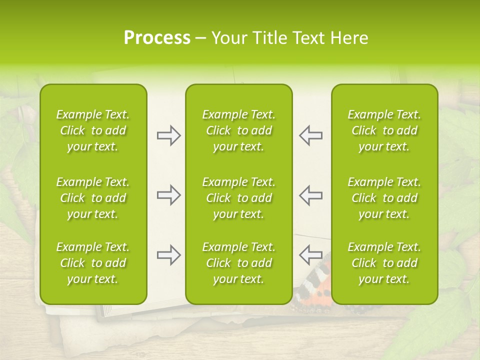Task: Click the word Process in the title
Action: point(157,38)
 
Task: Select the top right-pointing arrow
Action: point(168,135)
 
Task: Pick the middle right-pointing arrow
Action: point(168,195)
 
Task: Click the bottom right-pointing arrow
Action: point(168,255)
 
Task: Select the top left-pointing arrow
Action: point(311,135)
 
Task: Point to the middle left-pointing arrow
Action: point(311,195)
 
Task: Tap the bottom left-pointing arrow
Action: point(311,255)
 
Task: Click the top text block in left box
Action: point(93,130)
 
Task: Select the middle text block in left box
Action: point(93,198)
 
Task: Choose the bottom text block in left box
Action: point(93,263)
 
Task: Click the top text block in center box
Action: point(239,130)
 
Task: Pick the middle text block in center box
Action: point(239,198)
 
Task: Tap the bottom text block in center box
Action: point(239,263)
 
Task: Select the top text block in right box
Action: point(384,130)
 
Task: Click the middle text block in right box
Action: point(384,198)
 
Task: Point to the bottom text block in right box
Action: point(384,263)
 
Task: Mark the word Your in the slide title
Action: point(229,38)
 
